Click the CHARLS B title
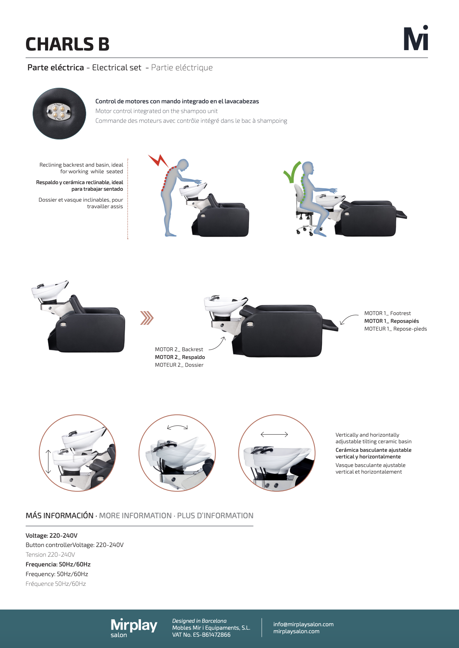[68, 44]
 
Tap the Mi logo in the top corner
[416, 38]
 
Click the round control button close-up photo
[59, 113]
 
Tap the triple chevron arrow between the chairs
[147, 318]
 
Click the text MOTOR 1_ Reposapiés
[391, 321]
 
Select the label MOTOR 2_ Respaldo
[180, 357]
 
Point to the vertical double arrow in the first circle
[48, 462]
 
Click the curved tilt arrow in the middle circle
[177, 427]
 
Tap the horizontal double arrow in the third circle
[274, 434]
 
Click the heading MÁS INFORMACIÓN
[59, 516]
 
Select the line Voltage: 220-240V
[52, 535]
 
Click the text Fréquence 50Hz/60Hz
[56, 584]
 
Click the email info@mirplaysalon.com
[303, 624]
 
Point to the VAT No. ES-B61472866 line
[201, 635]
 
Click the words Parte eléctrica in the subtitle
[56, 68]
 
